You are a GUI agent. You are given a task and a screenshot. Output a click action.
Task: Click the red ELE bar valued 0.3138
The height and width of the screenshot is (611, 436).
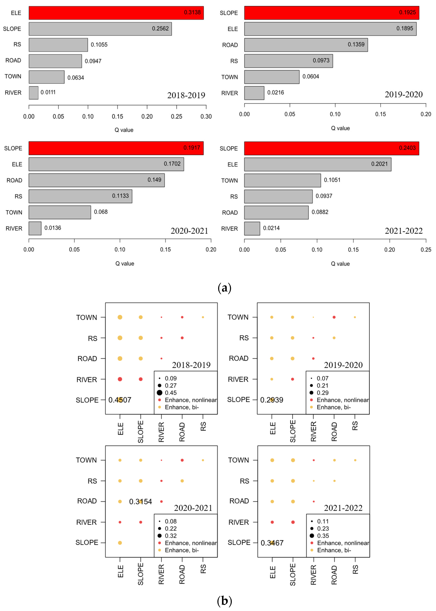116,13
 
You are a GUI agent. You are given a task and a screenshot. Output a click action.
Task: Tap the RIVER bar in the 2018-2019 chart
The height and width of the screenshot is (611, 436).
34,93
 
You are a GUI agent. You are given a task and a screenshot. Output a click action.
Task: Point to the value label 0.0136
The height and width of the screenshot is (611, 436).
53,228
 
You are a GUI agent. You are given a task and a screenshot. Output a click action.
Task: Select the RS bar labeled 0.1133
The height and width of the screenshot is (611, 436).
80,196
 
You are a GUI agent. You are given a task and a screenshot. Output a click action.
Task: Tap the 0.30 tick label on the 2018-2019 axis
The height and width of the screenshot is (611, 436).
206,117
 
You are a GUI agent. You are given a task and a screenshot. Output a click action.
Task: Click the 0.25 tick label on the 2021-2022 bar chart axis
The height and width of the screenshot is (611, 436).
425,250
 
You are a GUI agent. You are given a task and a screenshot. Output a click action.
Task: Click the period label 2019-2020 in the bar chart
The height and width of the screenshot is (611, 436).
404,94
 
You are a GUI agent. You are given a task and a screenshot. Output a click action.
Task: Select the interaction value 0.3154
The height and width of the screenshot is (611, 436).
140,501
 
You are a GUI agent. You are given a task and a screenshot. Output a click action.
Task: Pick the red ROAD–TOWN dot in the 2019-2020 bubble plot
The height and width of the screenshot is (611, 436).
334,317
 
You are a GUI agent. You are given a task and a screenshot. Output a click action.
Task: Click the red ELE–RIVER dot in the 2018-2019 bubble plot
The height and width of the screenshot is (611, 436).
120,379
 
